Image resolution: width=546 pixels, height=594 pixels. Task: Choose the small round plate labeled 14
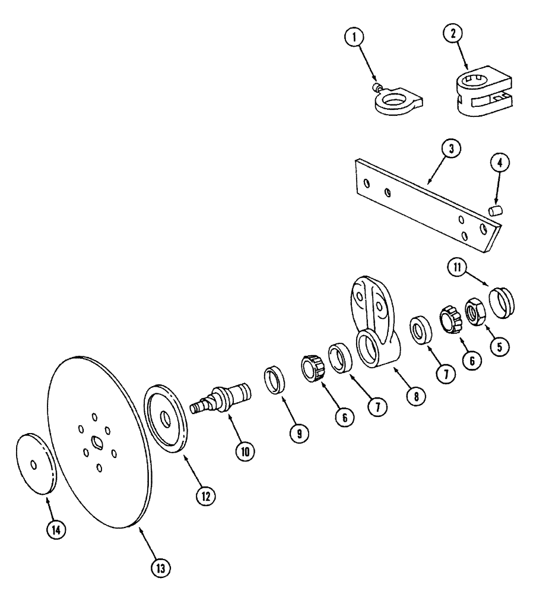(35, 464)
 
